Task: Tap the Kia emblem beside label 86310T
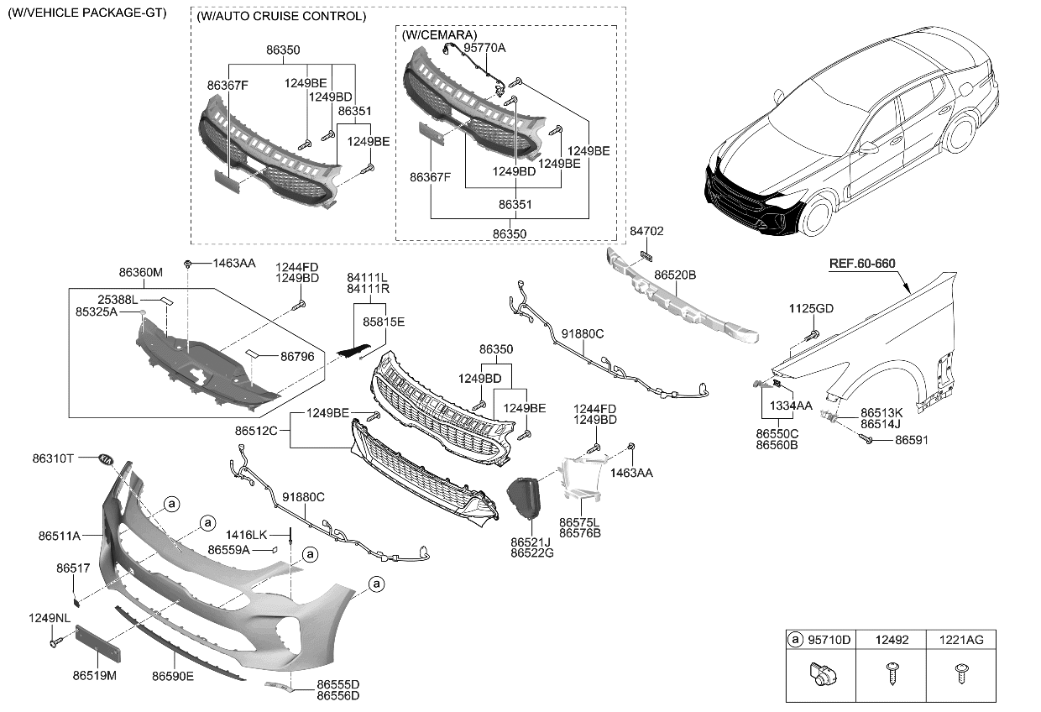coord(106,460)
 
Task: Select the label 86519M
coord(94,674)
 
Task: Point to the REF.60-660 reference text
coord(862,264)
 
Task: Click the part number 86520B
coord(675,275)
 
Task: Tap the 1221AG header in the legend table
coord(962,640)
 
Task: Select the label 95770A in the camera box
coord(484,48)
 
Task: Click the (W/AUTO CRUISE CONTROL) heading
coord(280,17)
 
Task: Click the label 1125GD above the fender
coord(810,309)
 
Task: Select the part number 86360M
coord(140,272)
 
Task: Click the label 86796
coord(297,357)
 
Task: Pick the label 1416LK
coord(246,535)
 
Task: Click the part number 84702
coord(646,231)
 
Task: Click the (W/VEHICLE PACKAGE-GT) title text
coord(86,13)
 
